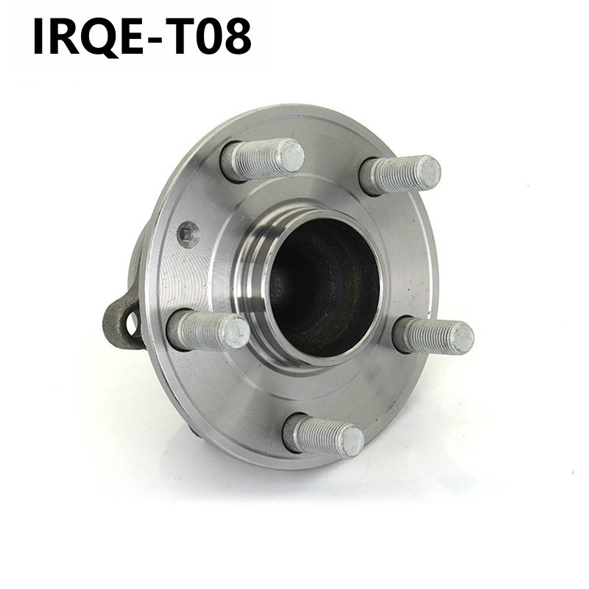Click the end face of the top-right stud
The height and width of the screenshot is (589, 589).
point(428,172)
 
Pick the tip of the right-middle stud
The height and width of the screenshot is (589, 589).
point(462,338)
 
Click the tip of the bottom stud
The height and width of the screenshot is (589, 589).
point(350,441)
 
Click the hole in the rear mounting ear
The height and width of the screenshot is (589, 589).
point(132,323)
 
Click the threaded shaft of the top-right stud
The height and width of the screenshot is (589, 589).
point(394,175)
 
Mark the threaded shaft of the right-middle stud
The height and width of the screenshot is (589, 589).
point(427,336)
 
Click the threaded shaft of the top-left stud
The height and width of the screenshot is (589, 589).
point(254,159)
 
